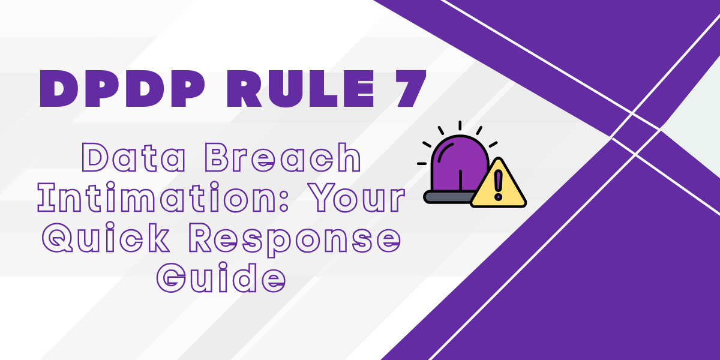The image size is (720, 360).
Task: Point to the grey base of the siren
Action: (x=447, y=196)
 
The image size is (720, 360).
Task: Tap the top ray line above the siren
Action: (x=460, y=125)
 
